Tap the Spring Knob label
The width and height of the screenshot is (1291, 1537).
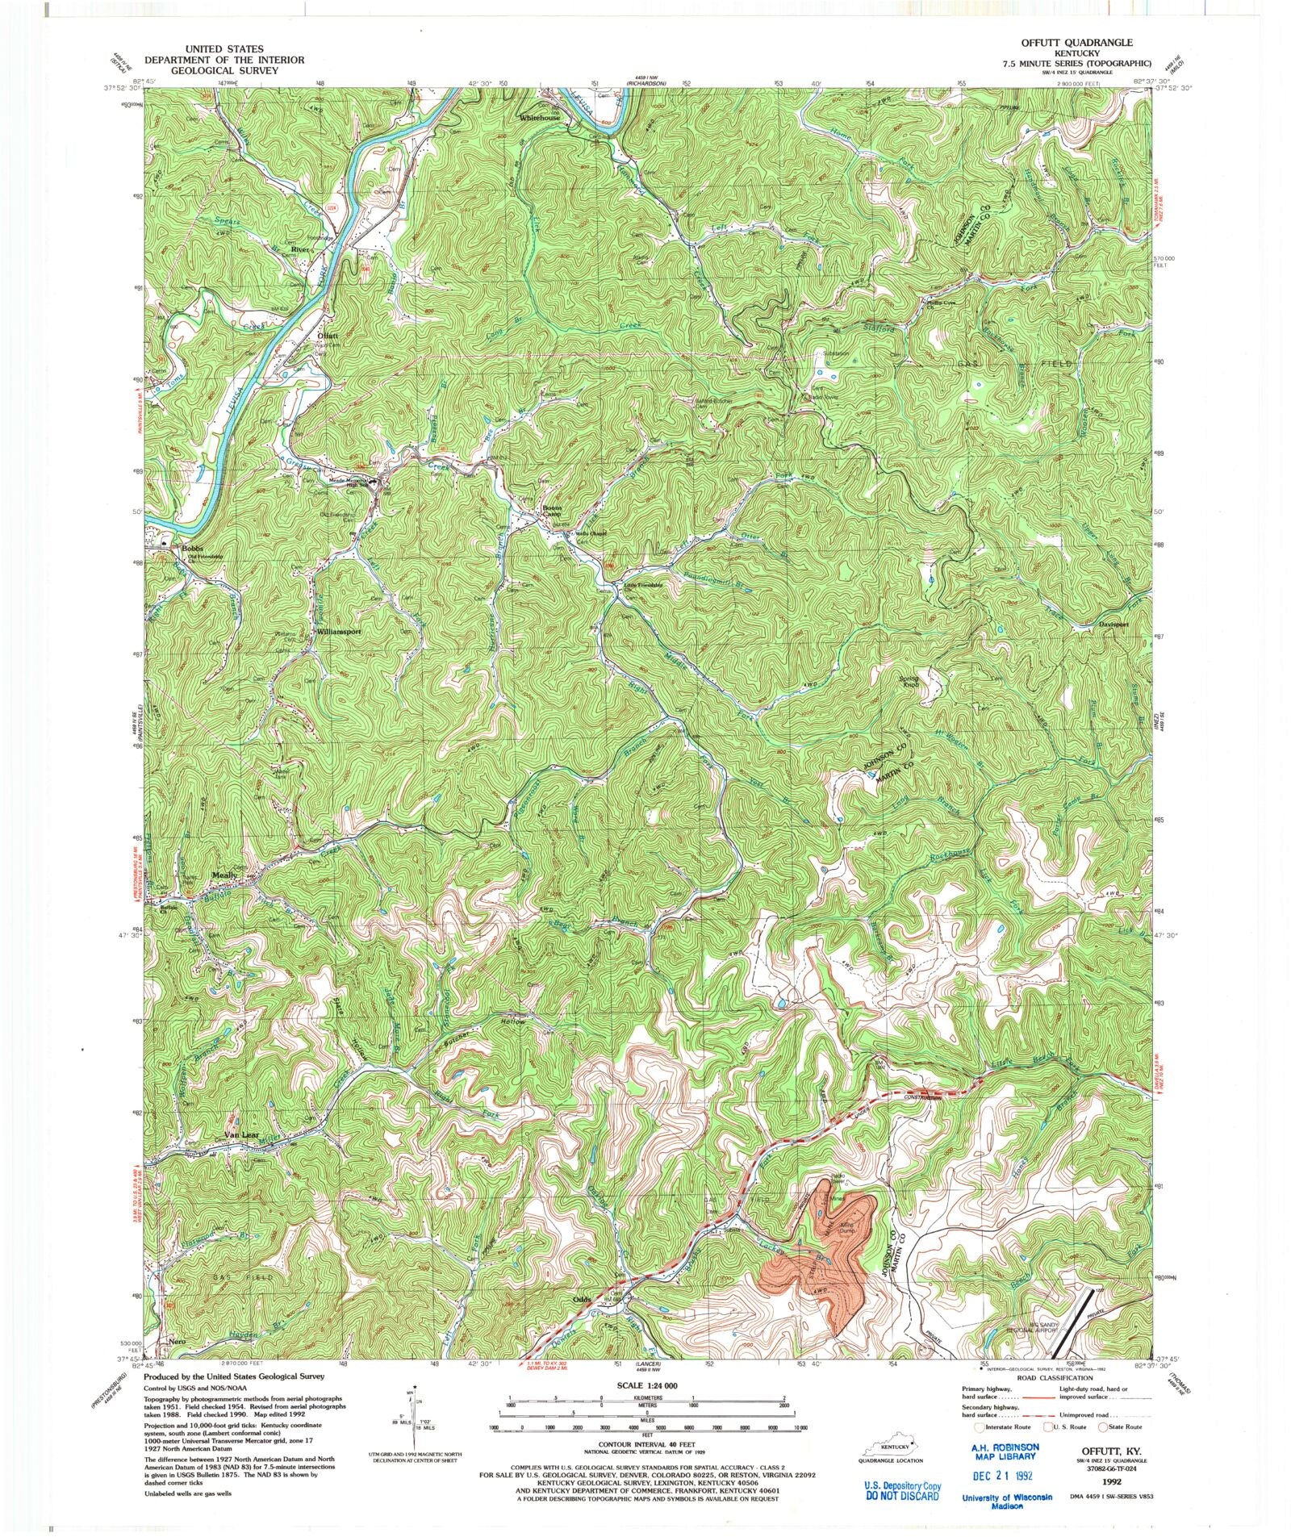click(909, 682)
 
